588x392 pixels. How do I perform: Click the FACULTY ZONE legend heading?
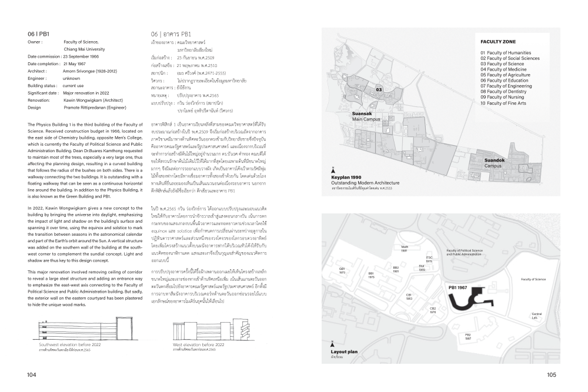(x=497, y=42)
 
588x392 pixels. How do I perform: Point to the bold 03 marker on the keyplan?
(x=379, y=90)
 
